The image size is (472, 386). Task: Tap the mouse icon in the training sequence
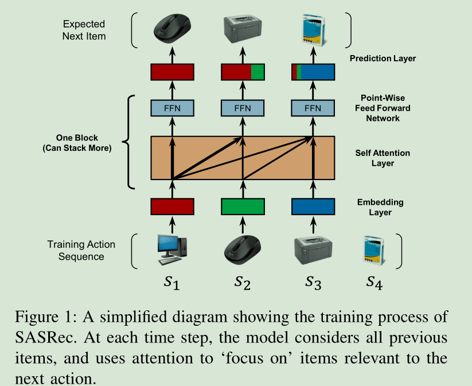click(x=243, y=251)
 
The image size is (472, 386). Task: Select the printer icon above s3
click(x=313, y=251)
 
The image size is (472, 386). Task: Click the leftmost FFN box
click(x=172, y=108)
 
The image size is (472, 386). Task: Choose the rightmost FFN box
click(x=313, y=108)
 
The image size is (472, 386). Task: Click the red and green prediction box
click(x=243, y=72)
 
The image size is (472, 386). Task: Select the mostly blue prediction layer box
click(x=313, y=72)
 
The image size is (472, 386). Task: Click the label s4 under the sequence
click(x=376, y=282)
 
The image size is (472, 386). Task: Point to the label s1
click(x=172, y=282)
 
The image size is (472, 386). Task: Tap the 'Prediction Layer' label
click(x=383, y=58)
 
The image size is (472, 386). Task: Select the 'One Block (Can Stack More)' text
click(x=77, y=143)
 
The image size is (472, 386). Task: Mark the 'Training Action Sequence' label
click(x=81, y=250)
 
